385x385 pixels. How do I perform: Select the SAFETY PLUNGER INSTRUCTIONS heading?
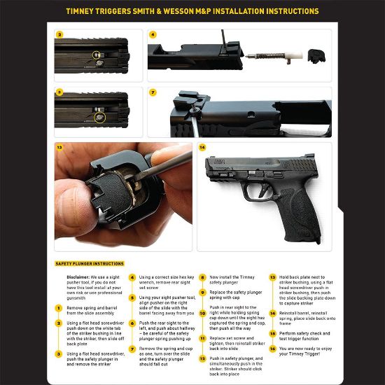click(90, 264)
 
